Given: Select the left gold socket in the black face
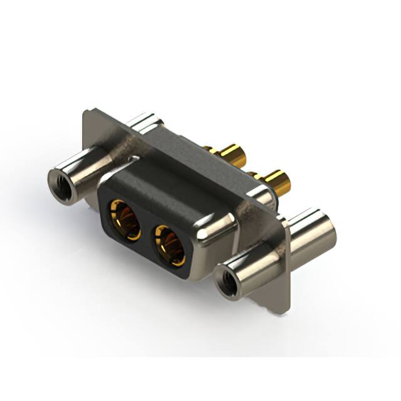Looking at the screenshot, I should click(125, 219).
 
